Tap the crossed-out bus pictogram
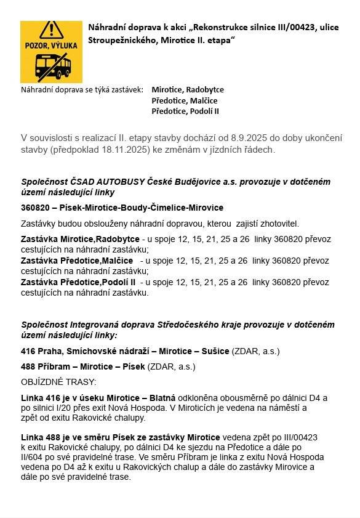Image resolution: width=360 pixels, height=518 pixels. pos(52,66)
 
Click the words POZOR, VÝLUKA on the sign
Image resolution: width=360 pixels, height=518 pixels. pos(51,46)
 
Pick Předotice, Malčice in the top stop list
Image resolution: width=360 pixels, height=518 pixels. pos(184,100)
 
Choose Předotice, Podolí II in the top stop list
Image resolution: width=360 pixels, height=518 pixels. pos(185,111)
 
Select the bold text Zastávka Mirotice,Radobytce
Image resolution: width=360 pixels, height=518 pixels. pos(80,238)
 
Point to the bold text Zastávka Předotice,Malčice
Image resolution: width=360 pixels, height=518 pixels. pos(76,261)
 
